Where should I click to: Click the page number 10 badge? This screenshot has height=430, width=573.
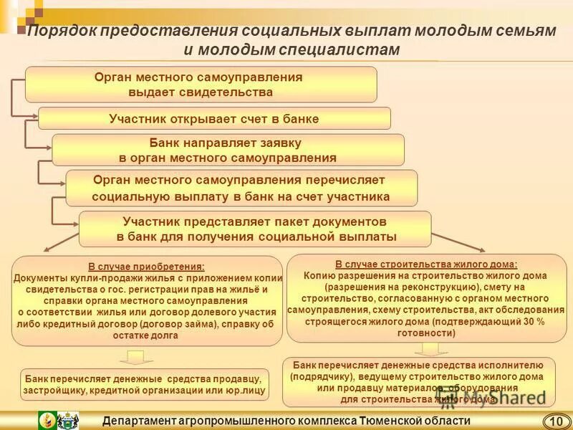[555, 421]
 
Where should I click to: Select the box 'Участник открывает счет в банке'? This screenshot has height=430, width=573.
[214, 118]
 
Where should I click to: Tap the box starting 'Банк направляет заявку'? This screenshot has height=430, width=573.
[228, 150]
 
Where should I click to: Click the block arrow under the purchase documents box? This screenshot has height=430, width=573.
[131, 357]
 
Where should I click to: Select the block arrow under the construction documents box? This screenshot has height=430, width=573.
[430, 348]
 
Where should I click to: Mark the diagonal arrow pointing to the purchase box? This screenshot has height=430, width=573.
[61, 241]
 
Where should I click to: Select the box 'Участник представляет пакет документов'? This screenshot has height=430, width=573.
[255, 229]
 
